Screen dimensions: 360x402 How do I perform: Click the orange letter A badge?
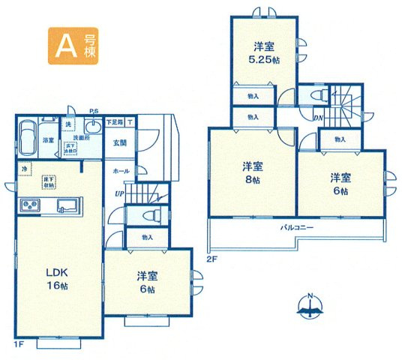pyautogui.click(x=64, y=46)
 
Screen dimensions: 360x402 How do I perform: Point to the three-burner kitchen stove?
pyautogui.click(x=33, y=205)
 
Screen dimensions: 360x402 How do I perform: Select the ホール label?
pyautogui.click(x=120, y=171)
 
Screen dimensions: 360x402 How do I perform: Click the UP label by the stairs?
pyautogui.click(x=118, y=194)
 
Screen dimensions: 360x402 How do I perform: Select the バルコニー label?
pyautogui.click(x=297, y=226)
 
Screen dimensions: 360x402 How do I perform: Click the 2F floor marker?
pyautogui.click(x=211, y=259)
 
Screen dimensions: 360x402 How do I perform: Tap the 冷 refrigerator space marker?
pyautogui.click(x=25, y=168)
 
